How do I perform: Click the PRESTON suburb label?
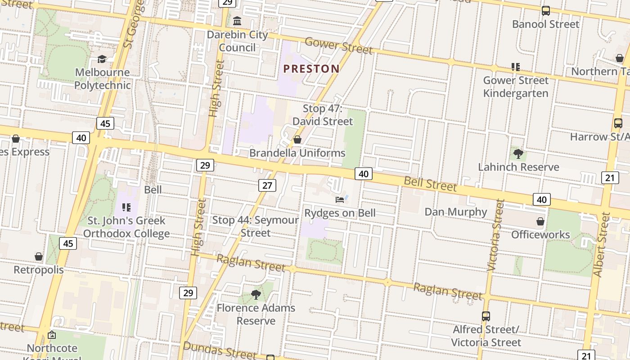point(311,69)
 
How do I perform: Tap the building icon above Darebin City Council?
point(237,21)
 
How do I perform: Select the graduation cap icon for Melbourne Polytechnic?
point(102,59)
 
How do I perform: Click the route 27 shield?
point(267,185)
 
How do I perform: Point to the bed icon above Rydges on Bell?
point(340,199)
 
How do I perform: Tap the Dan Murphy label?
point(456,211)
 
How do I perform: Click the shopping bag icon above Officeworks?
point(540,221)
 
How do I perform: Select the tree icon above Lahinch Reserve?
point(518,154)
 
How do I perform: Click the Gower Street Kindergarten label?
point(516,87)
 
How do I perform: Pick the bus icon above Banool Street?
point(545,11)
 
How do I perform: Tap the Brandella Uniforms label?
point(297,153)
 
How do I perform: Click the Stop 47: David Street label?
point(323,115)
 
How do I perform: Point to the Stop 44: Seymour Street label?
point(255,226)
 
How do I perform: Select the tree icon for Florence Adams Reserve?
point(256,295)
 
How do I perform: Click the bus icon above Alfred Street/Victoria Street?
point(486,316)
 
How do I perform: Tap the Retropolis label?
point(39,270)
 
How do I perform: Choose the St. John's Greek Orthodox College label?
point(126,227)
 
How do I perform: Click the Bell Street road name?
point(430,184)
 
